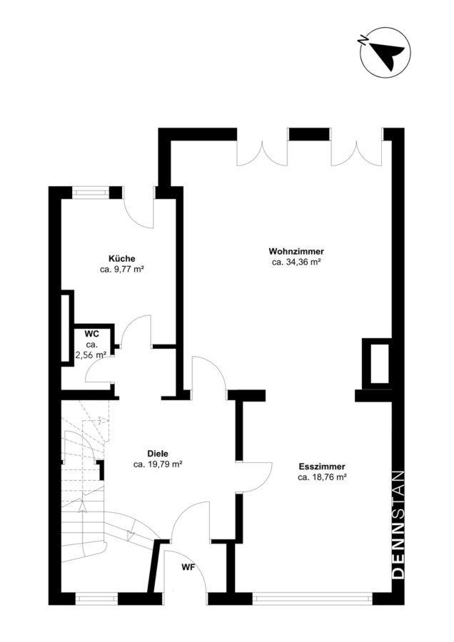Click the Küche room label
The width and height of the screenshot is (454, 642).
[121, 259]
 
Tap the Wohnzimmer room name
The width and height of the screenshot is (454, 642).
[296, 251]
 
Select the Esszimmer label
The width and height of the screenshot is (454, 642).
[322, 467]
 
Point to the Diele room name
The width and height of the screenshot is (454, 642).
[158, 454]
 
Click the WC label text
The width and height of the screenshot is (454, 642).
[91, 334]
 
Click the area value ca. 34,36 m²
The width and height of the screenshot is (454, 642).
[296, 263]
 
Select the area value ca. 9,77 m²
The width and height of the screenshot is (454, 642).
[121, 270]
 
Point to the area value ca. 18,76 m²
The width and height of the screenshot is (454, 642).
[323, 477]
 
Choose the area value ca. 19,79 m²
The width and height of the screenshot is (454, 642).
[158, 464]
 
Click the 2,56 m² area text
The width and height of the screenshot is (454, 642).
[91, 355]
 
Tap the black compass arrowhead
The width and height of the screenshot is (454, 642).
[387, 54]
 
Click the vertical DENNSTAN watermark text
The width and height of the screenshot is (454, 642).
[398, 525]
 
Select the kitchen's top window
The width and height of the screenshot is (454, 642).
[91, 193]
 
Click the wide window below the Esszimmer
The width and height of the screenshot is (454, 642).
[312, 598]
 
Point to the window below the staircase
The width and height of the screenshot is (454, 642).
[96, 598]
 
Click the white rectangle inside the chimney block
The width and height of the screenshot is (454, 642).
[380, 364]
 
